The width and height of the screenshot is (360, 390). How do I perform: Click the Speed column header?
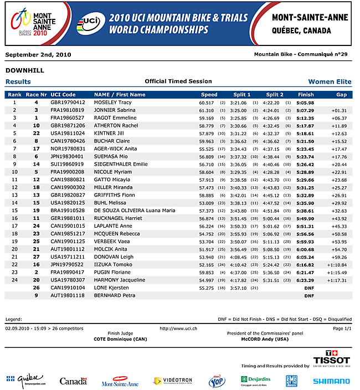[209, 95]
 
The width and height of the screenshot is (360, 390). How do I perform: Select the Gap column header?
[341, 95]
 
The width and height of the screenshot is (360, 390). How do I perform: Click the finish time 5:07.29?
[305, 110]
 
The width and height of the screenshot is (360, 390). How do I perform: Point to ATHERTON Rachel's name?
[116, 126]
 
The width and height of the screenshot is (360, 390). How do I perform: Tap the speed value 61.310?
[207, 110]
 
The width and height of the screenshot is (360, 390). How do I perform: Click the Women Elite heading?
[330, 81]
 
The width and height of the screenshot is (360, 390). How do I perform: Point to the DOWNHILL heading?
[24, 70]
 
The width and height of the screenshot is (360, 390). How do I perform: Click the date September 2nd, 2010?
[38, 54]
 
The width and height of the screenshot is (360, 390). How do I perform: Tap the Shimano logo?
[331, 381]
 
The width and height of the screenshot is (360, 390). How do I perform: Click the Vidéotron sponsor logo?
[173, 381]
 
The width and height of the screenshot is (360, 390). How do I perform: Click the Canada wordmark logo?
[73, 381]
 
